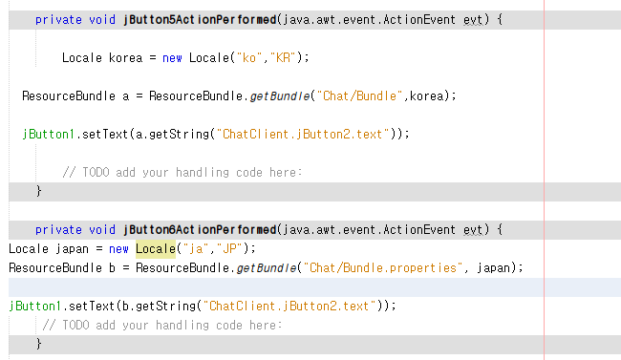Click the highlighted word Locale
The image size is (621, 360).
pos(155,248)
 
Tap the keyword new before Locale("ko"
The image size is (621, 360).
pos(172,57)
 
